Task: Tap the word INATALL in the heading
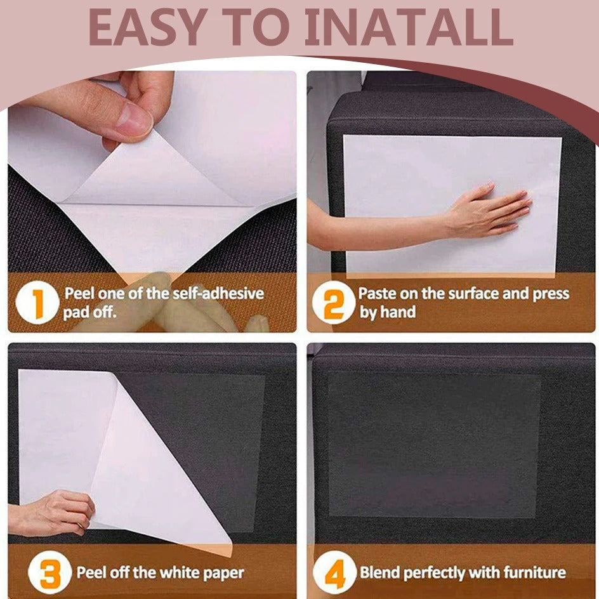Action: pyautogui.click(x=408, y=27)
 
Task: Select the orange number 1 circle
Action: pyautogui.click(x=37, y=302)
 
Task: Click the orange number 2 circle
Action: pyautogui.click(x=334, y=302)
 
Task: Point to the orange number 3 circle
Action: pyautogui.click(x=49, y=572)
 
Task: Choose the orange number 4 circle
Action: pyautogui.click(x=334, y=572)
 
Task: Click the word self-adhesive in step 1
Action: pyautogui.click(x=218, y=293)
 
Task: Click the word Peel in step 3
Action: pyautogui.click(x=91, y=572)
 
